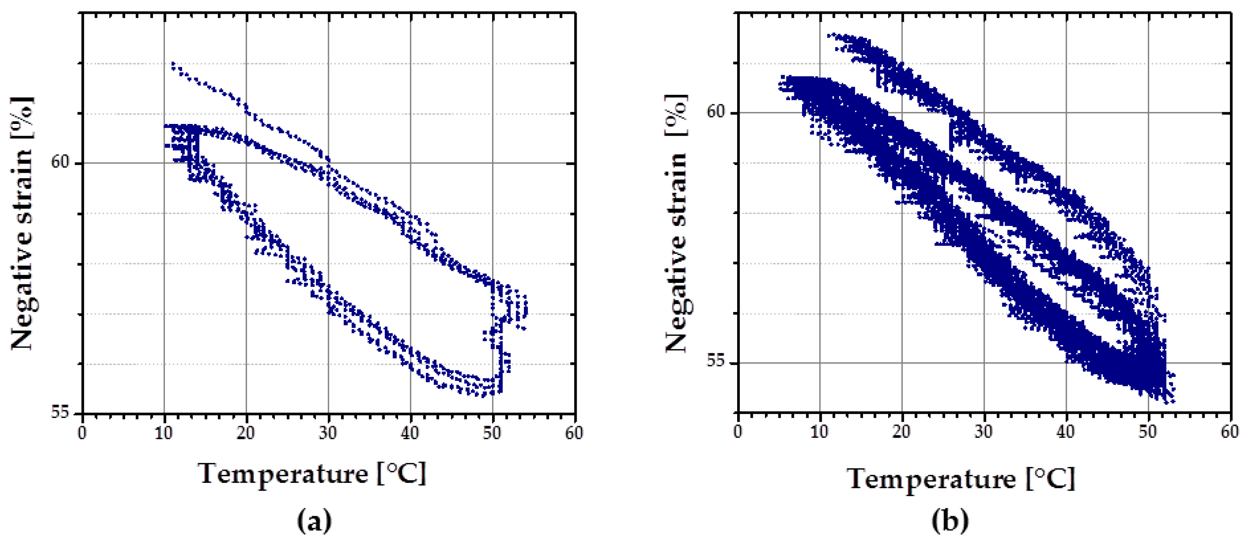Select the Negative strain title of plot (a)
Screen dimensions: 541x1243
tap(22, 223)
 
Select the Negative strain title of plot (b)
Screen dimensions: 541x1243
tap(676, 223)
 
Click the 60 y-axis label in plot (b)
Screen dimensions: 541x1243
tap(716, 111)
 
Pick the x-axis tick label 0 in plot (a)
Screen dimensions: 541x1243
tap(82, 432)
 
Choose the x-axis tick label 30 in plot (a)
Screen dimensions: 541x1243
tap(328, 432)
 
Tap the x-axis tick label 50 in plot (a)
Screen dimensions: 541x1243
tap(492, 432)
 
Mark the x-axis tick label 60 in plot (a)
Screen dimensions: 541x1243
tap(574, 432)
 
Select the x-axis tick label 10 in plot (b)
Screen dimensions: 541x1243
tap(819, 431)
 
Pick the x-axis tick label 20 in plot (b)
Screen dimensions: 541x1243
tap(901, 431)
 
